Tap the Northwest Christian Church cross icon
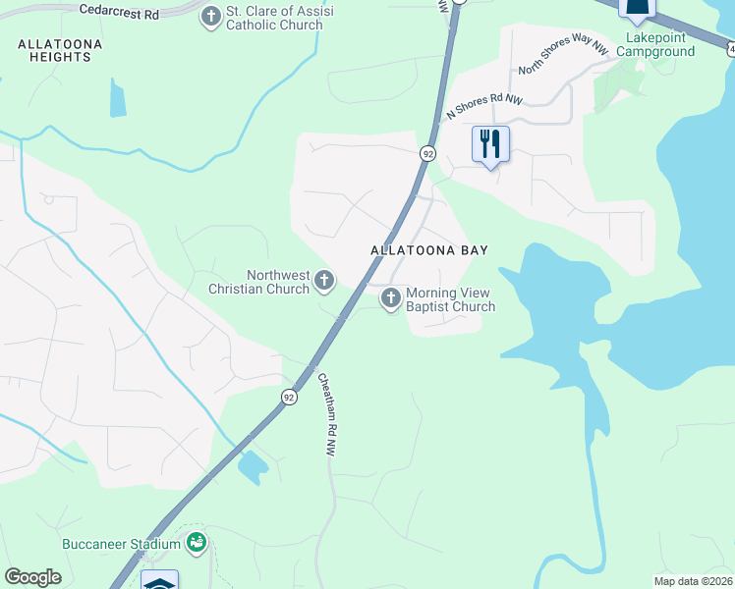click(324, 283)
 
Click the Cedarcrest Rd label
click(122, 11)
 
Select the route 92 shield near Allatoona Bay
click(427, 153)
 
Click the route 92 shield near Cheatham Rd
click(288, 397)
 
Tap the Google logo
click(32, 577)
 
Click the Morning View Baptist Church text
click(450, 299)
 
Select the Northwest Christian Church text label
click(258, 283)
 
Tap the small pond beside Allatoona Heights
click(118, 98)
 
